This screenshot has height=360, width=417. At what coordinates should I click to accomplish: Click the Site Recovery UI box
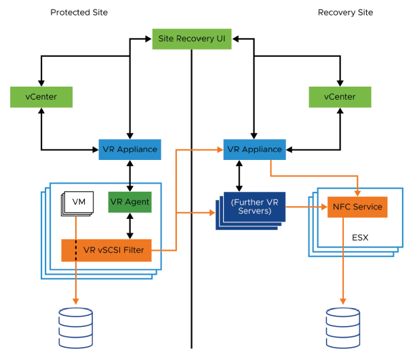click(x=191, y=39)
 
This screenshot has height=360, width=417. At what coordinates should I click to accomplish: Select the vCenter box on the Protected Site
click(x=42, y=96)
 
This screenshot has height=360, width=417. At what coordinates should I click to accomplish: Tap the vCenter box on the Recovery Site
click(x=340, y=96)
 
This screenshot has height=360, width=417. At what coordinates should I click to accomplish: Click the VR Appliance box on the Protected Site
click(x=130, y=149)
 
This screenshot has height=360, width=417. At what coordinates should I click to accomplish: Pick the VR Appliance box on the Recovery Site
click(x=254, y=149)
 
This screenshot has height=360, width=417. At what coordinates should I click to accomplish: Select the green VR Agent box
click(x=129, y=201)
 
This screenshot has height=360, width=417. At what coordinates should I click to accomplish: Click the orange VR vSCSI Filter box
click(x=106, y=249)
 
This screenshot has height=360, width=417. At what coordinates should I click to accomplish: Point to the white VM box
click(x=78, y=201)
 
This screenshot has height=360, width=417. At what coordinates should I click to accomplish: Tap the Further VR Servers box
click(x=252, y=206)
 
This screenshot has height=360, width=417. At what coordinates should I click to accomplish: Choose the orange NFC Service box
click(x=357, y=207)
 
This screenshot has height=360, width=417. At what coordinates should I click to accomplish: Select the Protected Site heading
click(x=79, y=12)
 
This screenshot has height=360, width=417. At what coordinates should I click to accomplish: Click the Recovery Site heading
click(x=345, y=12)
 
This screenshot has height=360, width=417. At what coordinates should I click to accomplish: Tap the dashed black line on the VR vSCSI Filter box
click(x=76, y=249)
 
